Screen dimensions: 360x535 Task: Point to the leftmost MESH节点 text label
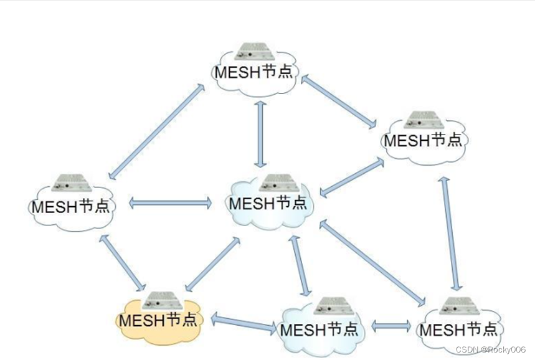(x=70, y=206)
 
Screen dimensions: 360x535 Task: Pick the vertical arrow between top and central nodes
(x=260, y=134)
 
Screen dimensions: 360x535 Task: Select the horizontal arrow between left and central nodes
(x=170, y=203)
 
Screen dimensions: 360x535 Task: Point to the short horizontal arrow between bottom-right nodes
(x=391, y=326)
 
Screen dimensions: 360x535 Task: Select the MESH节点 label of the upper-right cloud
(x=424, y=139)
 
